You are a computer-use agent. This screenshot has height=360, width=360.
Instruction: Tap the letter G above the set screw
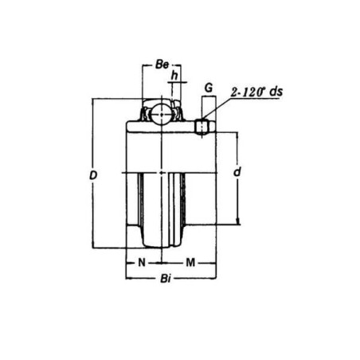(208, 85)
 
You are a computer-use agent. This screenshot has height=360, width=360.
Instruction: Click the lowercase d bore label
(237, 172)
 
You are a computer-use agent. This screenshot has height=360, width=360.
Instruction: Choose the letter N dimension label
(142, 262)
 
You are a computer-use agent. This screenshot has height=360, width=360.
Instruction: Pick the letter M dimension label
(190, 262)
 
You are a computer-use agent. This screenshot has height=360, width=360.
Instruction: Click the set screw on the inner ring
(204, 126)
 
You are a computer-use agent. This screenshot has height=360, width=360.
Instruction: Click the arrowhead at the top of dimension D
(93, 101)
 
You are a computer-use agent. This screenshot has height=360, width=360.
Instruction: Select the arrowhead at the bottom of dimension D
(93, 248)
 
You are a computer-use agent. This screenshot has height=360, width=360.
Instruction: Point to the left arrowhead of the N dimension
(128, 262)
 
